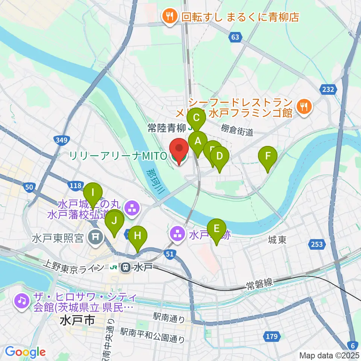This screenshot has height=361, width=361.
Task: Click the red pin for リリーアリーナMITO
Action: point(180,151)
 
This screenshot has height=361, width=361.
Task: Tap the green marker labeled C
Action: point(196,118)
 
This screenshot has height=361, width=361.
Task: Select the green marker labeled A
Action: point(198,142)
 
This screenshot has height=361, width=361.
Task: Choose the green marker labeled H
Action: point(138,237)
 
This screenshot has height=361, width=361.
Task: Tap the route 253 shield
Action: point(317,245)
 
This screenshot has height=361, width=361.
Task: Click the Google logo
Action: point(25,352)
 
